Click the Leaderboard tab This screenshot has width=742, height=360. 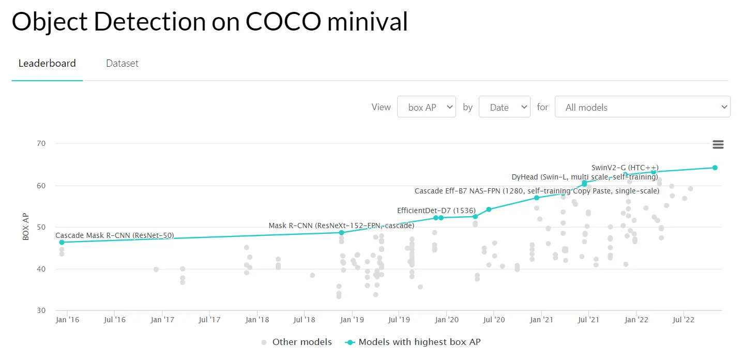click(x=47, y=64)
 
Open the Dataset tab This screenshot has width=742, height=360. click(x=122, y=64)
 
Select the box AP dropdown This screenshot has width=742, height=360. click(x=427, y=107)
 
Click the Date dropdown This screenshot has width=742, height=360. click(x=504, y=107)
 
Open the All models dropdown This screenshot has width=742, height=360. click(x=642, y=107)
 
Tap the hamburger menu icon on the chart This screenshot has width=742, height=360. click(x=718, y=145)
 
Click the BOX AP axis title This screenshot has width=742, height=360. click(x=26, y=227)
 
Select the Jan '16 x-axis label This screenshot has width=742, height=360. click(x=67, y=320)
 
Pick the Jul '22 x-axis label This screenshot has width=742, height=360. click(x=683, y=320)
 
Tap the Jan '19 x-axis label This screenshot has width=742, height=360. click(x=352, y=320)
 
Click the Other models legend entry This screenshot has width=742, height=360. click(x=302, y=342)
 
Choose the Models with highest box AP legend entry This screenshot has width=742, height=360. click(x=419, y=342)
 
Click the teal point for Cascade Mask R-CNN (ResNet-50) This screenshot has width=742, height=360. click(x=62, y=242)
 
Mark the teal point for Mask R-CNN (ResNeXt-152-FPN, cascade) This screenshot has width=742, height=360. click(x=341, y=233)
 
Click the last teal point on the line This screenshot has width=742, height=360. click(x=715, y=168)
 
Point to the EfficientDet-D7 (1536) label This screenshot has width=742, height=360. click(x=436, y=211)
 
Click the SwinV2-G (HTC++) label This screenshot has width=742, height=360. click(x=625, y=168)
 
